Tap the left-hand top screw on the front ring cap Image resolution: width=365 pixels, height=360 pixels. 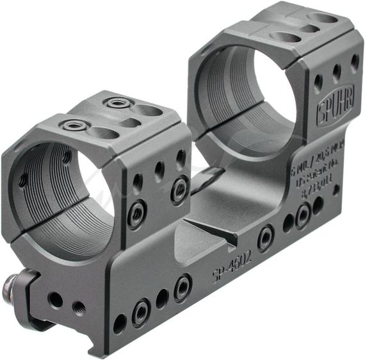click(x=74, y=126)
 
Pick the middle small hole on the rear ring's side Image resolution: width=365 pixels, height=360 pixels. click(x=336, y=72)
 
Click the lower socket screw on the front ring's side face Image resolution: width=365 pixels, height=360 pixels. click(x=136, y=214)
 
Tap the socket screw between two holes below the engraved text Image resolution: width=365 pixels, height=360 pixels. click(x=302, y=215)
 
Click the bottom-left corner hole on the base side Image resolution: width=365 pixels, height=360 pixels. click(x=120, y=323)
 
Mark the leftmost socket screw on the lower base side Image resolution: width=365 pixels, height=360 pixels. click(x=141, y=313)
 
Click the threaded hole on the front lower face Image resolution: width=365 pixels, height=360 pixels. click(x=79, y=308)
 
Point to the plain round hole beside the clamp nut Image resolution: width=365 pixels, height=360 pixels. click(x=55, y=299)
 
